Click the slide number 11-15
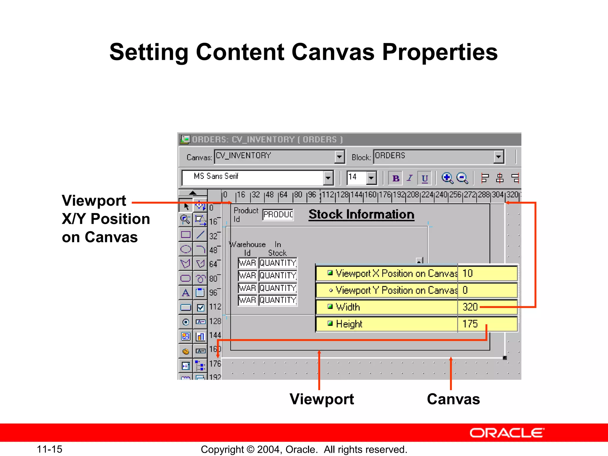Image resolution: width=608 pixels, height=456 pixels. [x=49, y=449]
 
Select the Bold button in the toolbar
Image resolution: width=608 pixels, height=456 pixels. [x=395, y=178]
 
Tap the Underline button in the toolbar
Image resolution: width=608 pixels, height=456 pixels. [x=425, y=178]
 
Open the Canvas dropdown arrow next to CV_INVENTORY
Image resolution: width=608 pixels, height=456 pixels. [x=339, y=156]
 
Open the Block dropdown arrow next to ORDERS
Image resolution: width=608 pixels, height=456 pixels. [x=498, y=156]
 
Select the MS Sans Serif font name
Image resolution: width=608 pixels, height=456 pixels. [x=216, y=176]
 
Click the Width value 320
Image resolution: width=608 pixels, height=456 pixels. [x=470, y=307]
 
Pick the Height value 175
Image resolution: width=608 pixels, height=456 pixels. [x=470, y=324]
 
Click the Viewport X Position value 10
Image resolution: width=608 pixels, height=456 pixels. [x=468, y=273]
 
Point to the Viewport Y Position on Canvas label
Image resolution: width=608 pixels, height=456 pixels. [x=396, y=290]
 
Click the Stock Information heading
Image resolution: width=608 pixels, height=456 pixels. [x=361, y=215]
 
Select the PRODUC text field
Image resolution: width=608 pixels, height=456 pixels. [x=278, y=214]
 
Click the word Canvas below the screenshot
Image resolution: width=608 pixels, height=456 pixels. [x=453, y=399]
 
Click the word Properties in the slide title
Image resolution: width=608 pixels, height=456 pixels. [x=440, y=52]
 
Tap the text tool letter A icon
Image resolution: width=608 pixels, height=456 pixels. [x=186, y=293]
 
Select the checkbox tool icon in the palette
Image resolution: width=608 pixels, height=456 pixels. [x=201, y=308]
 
